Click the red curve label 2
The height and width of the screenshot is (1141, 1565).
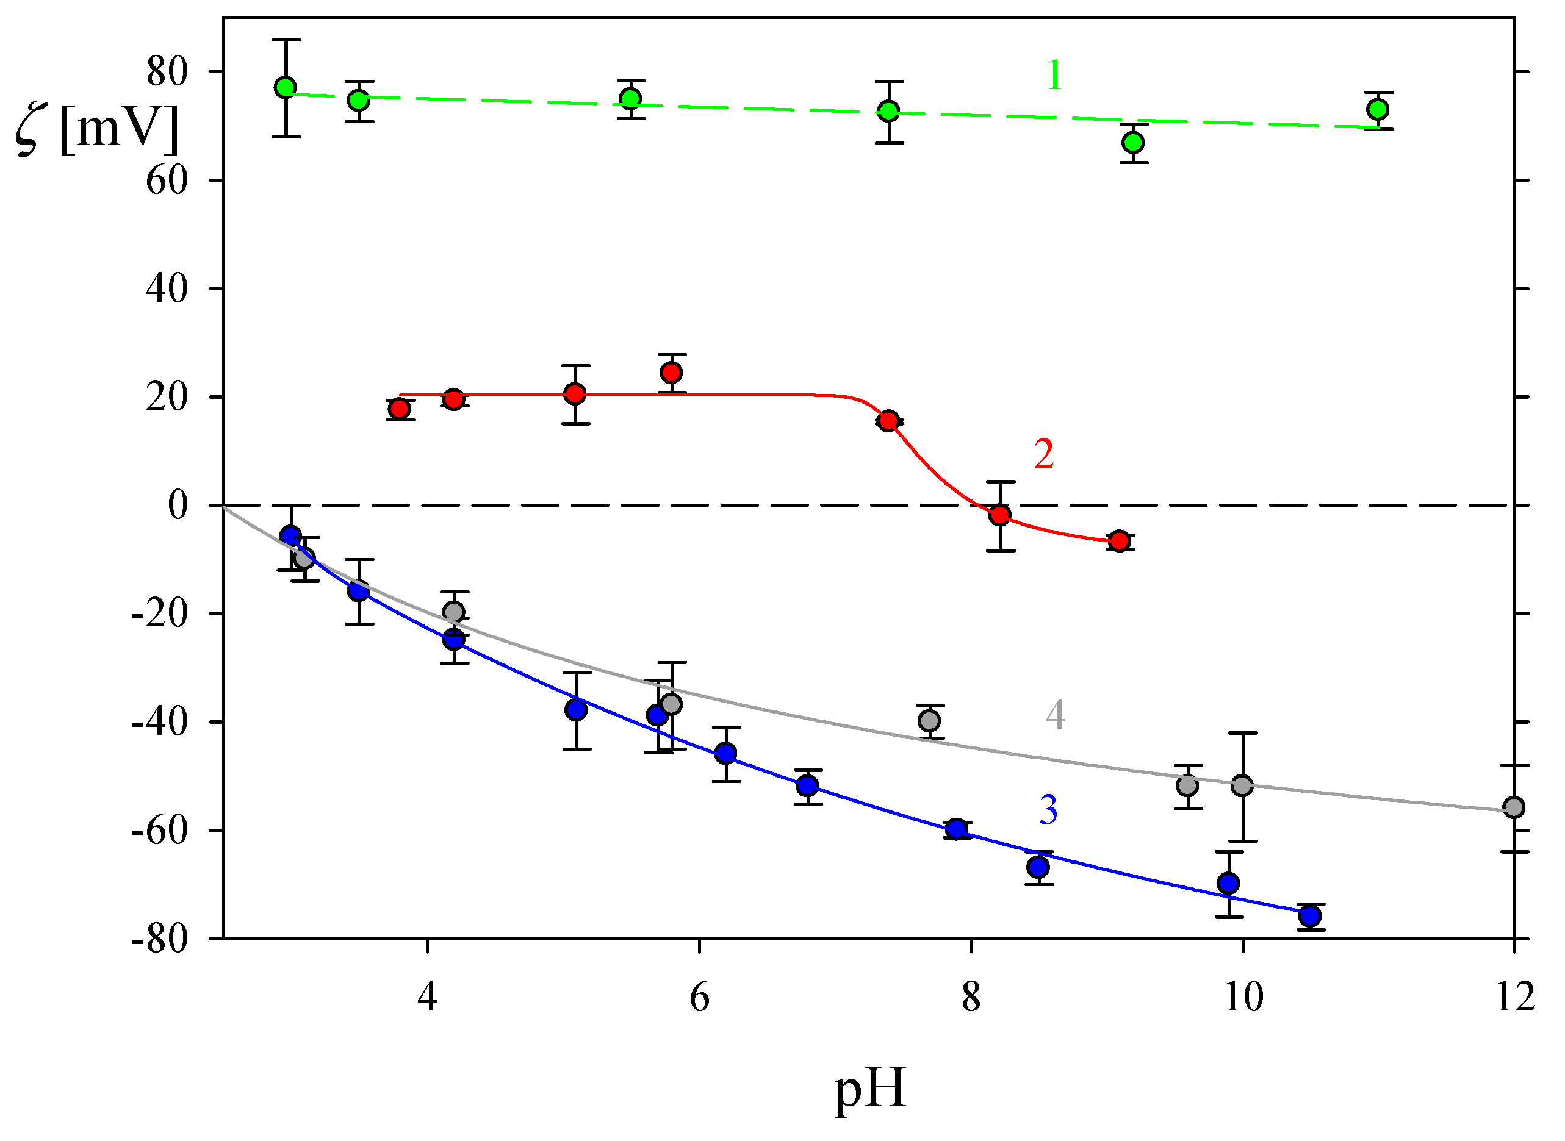click(1044, 454)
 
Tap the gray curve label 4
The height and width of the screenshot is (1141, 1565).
click(1055, 715)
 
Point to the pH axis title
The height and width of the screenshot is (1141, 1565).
click(870, 1089)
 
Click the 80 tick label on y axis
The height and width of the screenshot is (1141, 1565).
click(167, 72)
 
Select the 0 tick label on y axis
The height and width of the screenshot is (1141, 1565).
click(178, 506)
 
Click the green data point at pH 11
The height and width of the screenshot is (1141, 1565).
click(1378, 109)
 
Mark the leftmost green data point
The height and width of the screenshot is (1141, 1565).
click(286, 87)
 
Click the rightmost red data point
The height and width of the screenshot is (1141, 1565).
click(1120, 541)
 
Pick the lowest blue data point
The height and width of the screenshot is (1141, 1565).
click(1310, 917)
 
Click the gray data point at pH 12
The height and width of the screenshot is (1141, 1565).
click(1514, 807)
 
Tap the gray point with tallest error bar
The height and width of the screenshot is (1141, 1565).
click(1242, 786)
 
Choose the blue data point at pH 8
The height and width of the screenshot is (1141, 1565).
click(956, 829)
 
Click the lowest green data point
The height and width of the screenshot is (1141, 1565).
click(1133, 143)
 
